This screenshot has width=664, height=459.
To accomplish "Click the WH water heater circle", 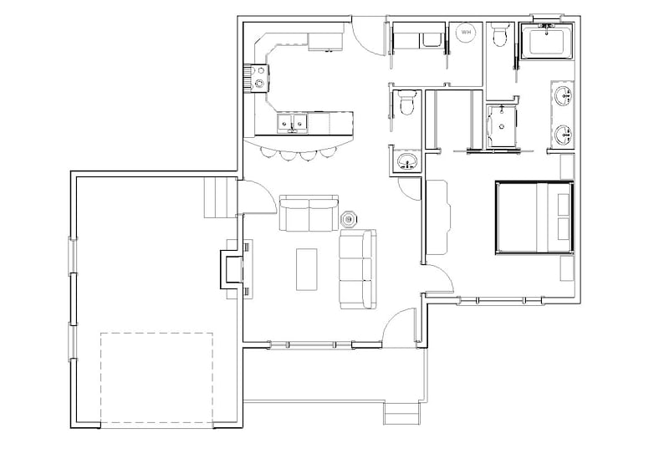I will (466, 33).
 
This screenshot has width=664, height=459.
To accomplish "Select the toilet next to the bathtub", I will (500, 35).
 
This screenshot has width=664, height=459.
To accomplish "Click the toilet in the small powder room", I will (406, 105).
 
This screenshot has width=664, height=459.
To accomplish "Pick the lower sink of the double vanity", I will (564, 134).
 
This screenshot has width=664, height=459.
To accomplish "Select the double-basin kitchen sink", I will (294, 124).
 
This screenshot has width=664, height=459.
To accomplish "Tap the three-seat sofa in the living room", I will (356, 269).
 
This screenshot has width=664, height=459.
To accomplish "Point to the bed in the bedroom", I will (534, 217).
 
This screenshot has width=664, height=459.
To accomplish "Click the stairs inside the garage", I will (220, 198).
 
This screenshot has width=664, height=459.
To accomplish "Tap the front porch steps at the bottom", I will (401, 413).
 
